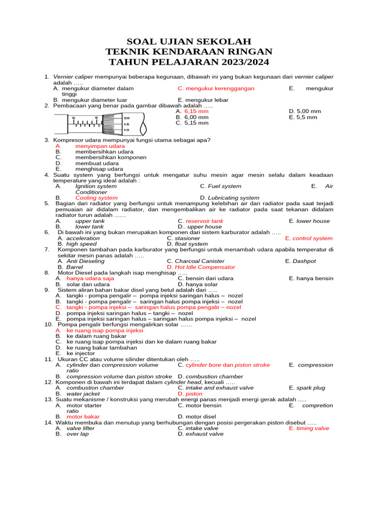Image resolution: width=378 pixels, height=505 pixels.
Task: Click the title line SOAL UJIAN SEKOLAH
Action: pos(189,41)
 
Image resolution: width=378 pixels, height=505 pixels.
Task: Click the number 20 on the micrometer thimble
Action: pos(126,118)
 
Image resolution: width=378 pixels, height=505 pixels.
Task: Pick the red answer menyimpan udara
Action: pos(100,146)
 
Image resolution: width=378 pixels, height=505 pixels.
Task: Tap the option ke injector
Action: pos(81,353)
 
